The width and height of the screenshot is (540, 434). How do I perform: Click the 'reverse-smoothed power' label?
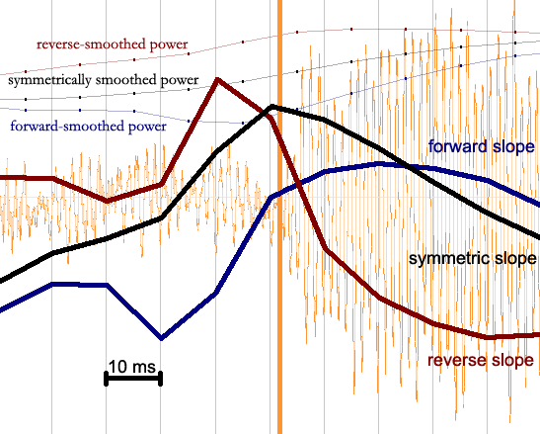[x=113, y=44]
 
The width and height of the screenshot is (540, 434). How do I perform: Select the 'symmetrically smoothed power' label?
[x=104, y=80]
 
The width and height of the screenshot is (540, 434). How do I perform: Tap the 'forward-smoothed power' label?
[x=89, y=127]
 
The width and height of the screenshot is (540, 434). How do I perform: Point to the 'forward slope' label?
[x=481, y=146]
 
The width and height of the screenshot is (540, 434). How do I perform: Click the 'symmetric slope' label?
[x=472, y=258]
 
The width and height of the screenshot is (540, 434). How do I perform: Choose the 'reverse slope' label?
[x=481, y=360]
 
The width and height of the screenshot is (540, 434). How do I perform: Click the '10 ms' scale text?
[x=132, y=367]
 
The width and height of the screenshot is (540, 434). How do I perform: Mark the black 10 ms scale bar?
[x=133, y=379]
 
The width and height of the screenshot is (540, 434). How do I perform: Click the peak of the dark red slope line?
[x=217, y=80]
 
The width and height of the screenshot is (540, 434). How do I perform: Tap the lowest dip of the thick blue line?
[x=162, y=338]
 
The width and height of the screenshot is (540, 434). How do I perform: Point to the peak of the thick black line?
[x=272, y=107]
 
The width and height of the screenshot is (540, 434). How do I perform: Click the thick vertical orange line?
[x=279, y=217]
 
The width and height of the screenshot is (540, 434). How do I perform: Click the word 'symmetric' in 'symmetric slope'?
[x=446, y=259]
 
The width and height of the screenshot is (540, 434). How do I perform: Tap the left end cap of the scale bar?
[x=106, y=379]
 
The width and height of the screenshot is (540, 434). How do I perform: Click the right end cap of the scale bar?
[x=161, y=379]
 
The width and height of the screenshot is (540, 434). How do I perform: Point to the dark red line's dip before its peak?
[x=108, y=201]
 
